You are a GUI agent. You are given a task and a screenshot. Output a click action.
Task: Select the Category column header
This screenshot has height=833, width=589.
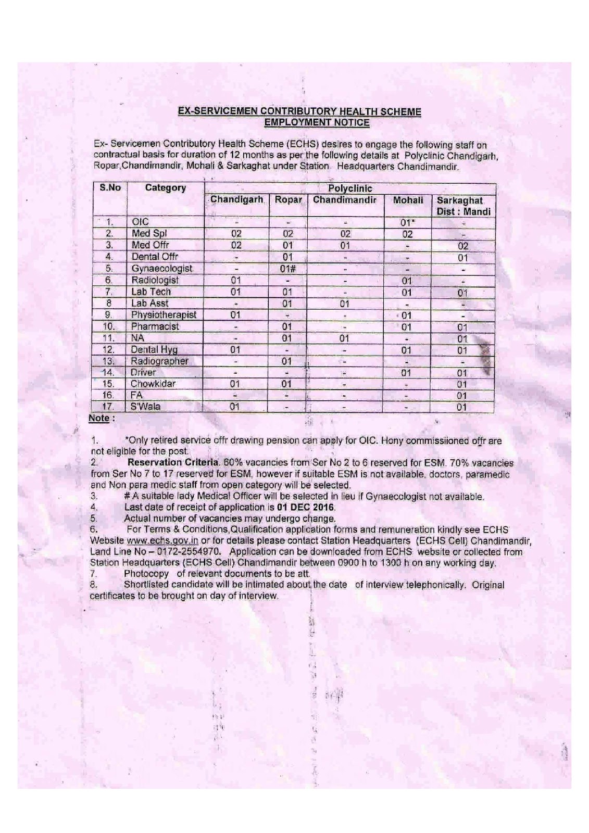166,188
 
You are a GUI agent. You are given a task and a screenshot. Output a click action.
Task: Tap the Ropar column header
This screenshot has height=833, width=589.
289,200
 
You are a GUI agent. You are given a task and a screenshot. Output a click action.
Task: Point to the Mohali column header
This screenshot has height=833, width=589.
408,200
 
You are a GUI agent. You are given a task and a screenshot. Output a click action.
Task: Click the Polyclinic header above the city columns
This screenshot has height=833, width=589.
350,188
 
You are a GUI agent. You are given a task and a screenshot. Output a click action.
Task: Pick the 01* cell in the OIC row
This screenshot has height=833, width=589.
407,223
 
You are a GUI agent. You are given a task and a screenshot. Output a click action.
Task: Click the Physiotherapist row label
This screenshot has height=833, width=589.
164,314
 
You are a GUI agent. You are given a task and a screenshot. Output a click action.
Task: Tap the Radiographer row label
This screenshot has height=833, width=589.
159,361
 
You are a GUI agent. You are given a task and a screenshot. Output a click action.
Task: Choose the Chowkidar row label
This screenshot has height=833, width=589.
153,384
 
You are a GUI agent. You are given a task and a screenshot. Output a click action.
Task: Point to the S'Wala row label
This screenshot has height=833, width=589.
146,407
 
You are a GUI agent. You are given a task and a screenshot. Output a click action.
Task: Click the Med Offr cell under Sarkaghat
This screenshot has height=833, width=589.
462,246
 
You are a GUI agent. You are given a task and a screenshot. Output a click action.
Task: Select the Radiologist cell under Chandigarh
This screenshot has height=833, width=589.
235,281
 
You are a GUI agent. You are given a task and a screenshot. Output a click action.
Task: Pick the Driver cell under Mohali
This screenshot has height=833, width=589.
407,373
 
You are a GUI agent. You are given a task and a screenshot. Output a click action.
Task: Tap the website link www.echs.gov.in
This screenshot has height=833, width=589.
162,540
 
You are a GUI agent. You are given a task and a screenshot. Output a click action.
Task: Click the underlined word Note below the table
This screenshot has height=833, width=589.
99,418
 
